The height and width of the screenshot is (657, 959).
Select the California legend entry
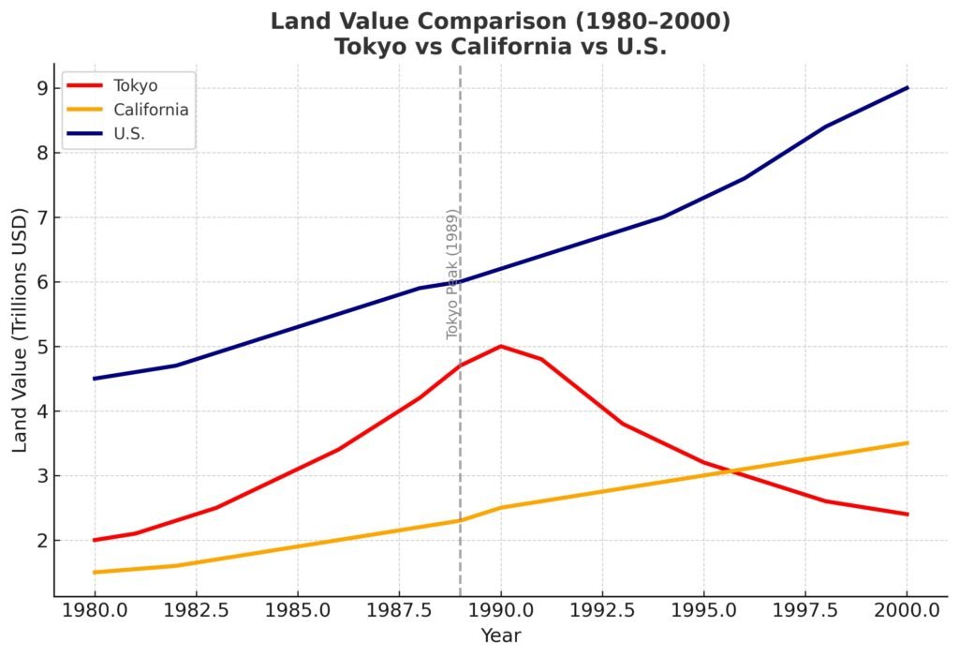(x=150, y=110)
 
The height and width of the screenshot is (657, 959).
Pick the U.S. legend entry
(x=128, y=134)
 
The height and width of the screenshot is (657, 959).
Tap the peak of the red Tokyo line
(x=501, y=346)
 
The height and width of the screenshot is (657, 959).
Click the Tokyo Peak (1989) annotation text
(x=451, y=273)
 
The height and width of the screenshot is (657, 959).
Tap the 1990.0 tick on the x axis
(x=501, y=610)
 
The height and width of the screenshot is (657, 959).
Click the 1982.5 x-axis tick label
(x=196, y=610)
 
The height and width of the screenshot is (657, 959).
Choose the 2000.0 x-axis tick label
(x=907, y=610)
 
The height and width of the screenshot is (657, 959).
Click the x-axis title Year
(x=500, y=636)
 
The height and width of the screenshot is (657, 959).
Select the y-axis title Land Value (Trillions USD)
(x=20, y=330)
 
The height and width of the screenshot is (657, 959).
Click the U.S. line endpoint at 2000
(x=907, y=88)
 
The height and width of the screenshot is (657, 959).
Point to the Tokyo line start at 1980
(x=95, y=540)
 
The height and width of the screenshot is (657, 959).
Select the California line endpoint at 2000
(x=907, y=443)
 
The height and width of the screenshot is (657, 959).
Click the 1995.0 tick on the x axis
(x=703, y=610)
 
